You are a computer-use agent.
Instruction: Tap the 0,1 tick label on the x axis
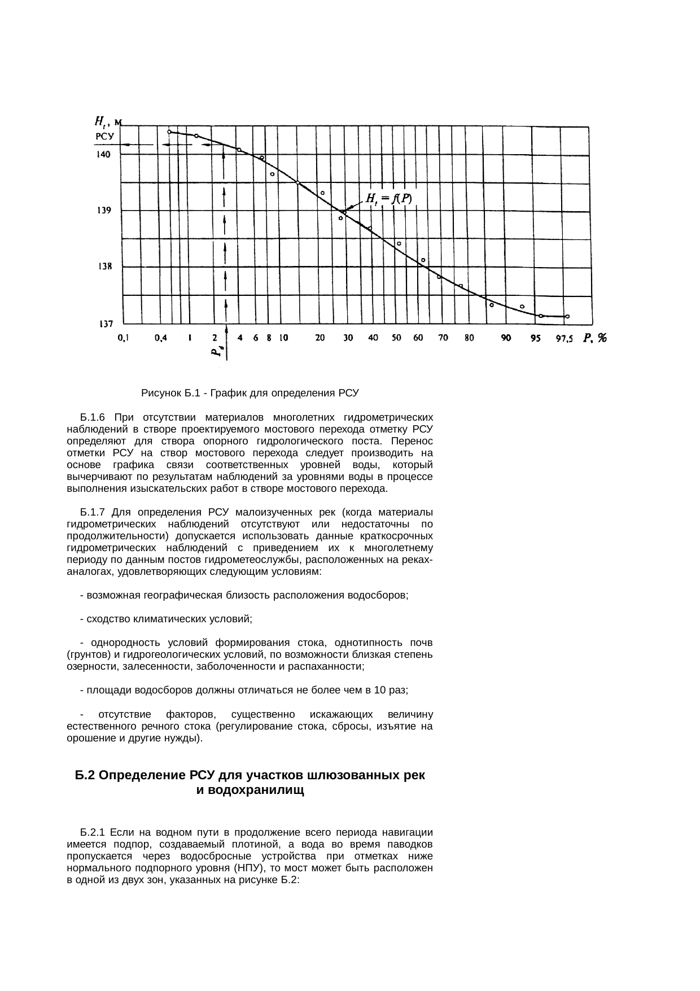click(x=123, y=338)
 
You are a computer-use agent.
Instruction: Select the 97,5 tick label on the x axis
click(x=563, y=339)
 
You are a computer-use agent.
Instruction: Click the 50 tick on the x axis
click(x=397, y=338)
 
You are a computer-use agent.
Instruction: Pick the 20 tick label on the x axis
click(x=320, y=338)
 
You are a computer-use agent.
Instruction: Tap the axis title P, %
click(x=595, y=338)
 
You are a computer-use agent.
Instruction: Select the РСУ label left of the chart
click(x=105, y=136)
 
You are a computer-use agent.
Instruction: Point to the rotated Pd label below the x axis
click(x=217, y=352)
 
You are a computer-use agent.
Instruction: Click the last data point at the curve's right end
click(x=567, y=316)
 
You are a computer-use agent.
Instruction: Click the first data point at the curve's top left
click(x=169, y=132)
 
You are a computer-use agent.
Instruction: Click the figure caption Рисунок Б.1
click(x=250, y=392)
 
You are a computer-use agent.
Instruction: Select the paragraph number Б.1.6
click(x=93, y=417)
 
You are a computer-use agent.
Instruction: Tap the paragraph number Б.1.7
click(x=93, y=512)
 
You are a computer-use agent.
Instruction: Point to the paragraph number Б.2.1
click(x=93, y=832)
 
